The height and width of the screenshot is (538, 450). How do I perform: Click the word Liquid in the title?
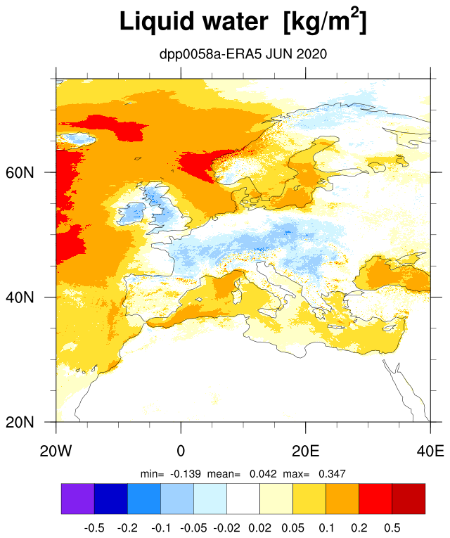click(157, 22)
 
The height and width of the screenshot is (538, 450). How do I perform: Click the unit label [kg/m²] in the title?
click(325, 20)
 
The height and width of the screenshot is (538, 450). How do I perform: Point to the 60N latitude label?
click(20, 172)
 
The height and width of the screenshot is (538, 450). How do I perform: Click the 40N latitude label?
click(20, 297)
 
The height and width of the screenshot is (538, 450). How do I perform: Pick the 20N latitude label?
click(20, 422)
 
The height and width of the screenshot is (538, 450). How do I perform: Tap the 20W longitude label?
click(56, 451)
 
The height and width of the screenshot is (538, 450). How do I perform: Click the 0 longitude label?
click(181, 451)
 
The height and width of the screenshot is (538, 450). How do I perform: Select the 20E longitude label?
click(306, 451)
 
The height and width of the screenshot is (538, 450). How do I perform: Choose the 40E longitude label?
click(430, 451)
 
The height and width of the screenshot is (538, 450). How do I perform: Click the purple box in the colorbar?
click(78, 499)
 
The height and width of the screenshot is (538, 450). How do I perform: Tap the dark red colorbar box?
click(409, 499)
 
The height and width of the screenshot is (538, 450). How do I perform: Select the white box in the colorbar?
click(243, 499)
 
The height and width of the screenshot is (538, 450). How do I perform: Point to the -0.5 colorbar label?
click(94, 527)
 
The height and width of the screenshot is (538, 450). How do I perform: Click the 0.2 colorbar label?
click(359, 527)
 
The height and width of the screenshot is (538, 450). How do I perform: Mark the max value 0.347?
click(332, 474)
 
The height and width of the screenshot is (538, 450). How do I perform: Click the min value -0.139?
click(186, 474)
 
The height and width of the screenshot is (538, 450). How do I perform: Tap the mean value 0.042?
click(263, 474)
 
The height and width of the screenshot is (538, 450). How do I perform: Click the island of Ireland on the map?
click(132, 213)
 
